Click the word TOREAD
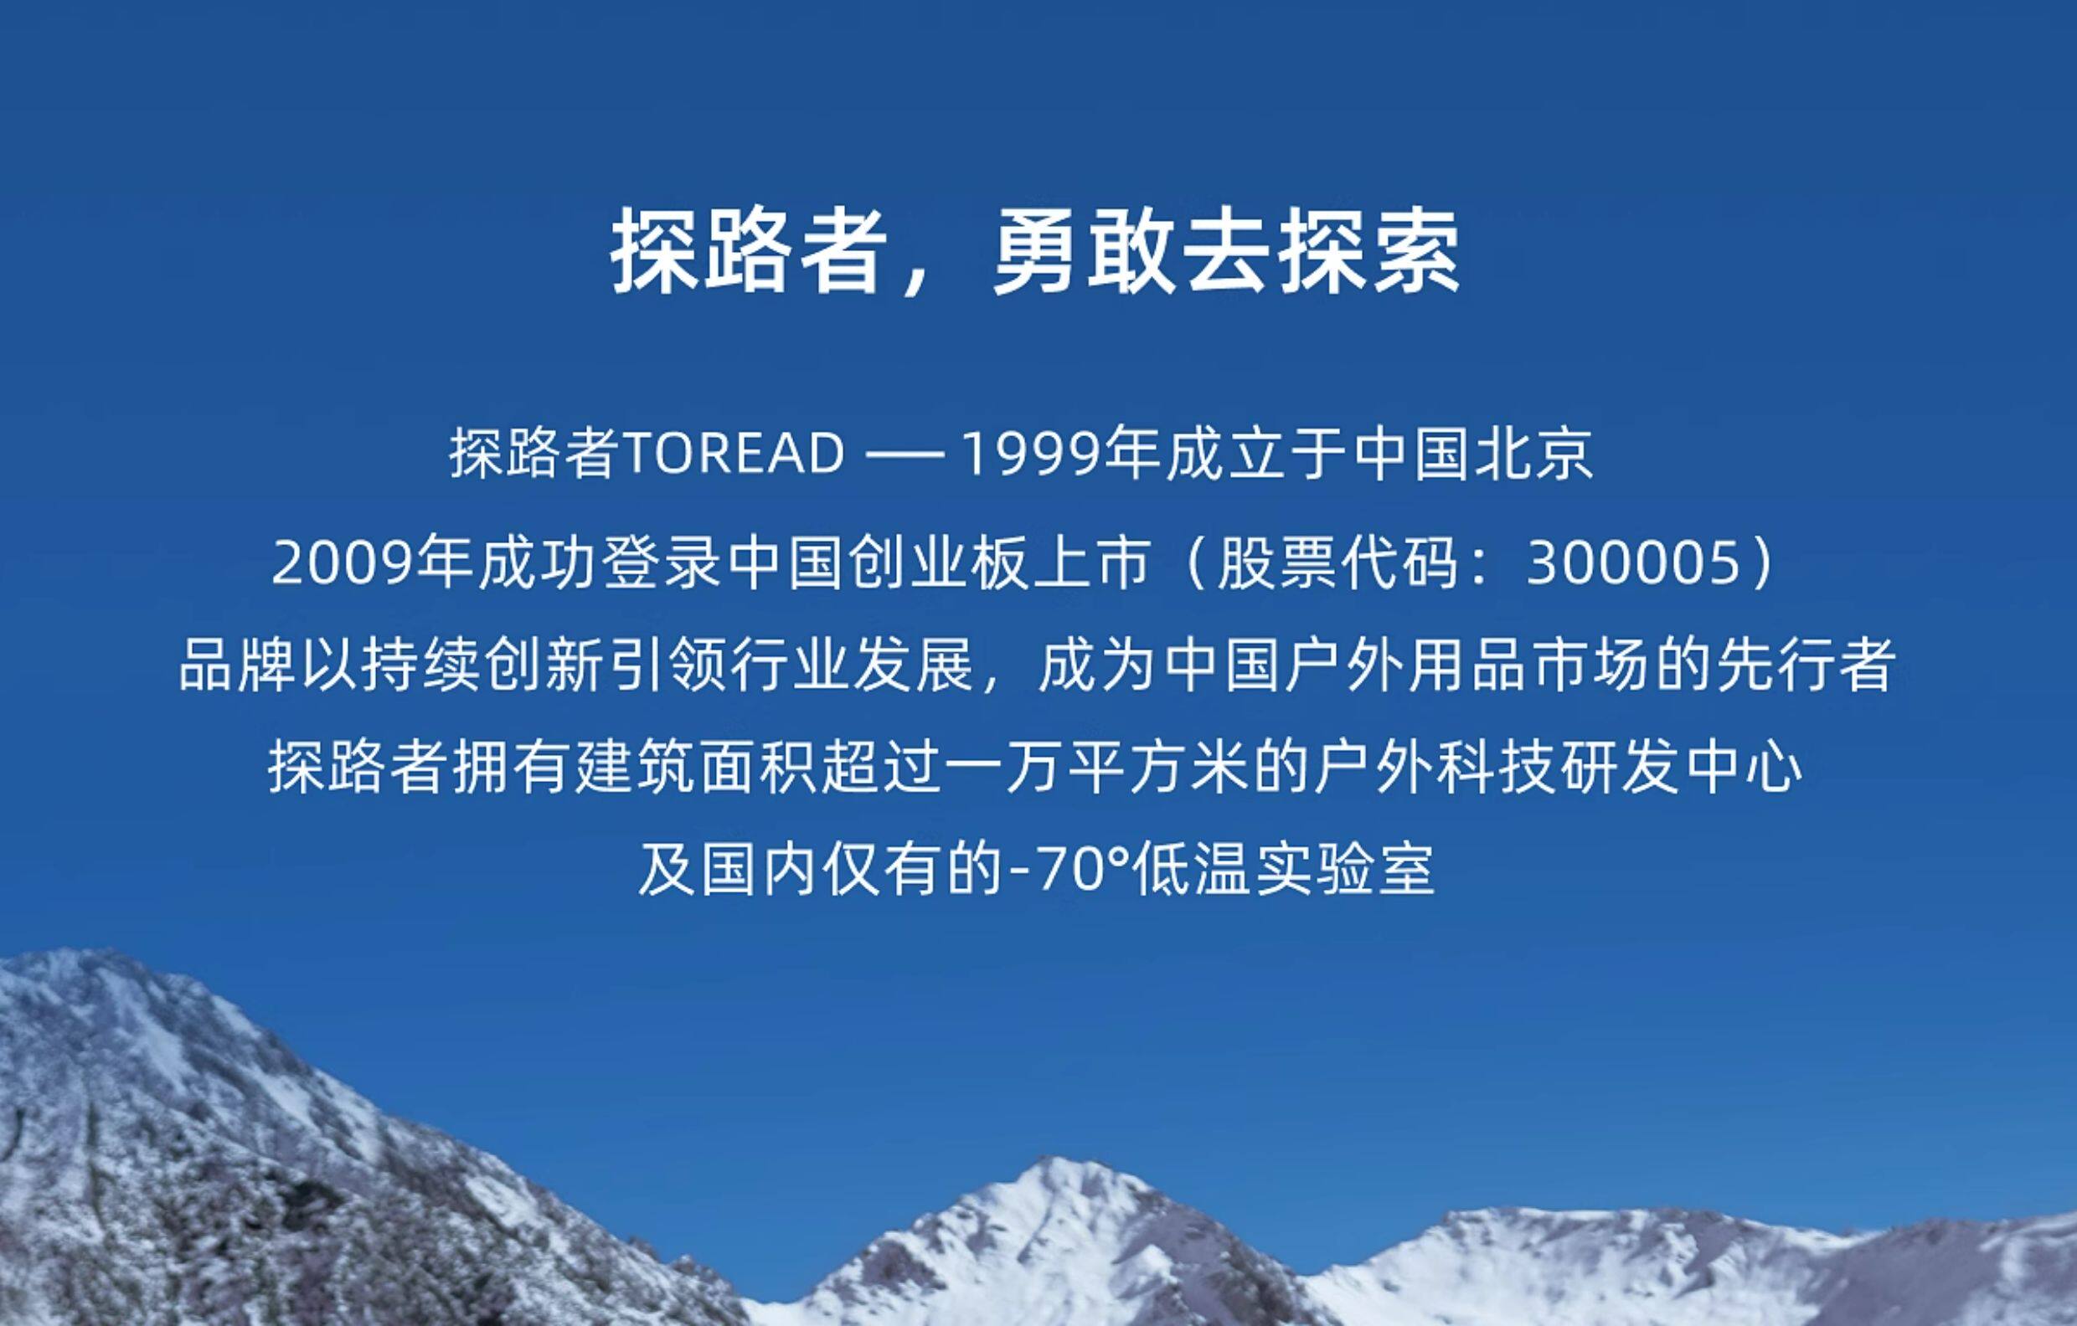coord(732,455)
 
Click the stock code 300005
coord(1633,565)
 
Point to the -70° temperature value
coord(1068,871)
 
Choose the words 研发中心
coord(1682,768)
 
